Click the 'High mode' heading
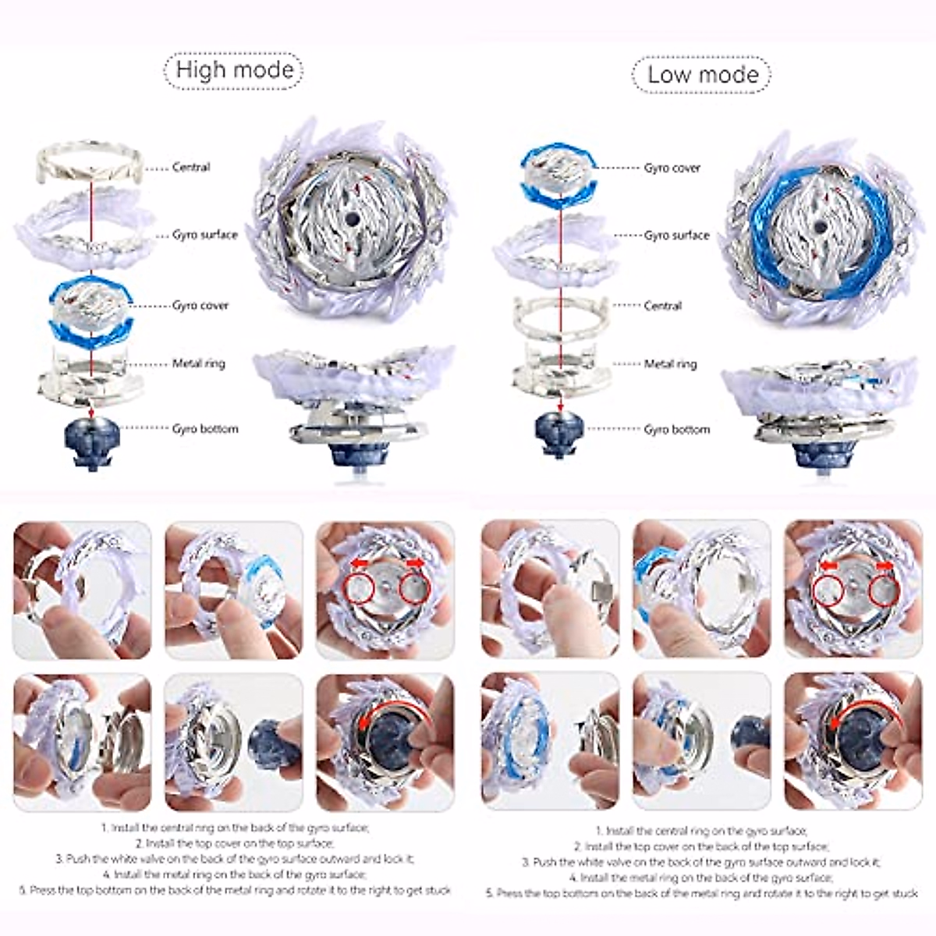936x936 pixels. click(x=234, y=69)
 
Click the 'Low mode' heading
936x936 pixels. click(x=702, y=74)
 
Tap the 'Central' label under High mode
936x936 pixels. click(x=191, y=167)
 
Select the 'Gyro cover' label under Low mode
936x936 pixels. click(x=672, y=168)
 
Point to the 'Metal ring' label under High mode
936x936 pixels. click(x=198, y=363)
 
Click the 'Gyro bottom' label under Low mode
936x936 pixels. click(x=676, y=429)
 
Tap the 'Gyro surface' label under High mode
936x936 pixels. click(x=204, y=235)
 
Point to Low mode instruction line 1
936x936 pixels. click(x=702, y=831)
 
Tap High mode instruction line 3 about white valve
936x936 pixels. click(x=235, y=858)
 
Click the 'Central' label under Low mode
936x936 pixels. click(x=662, y=306)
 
